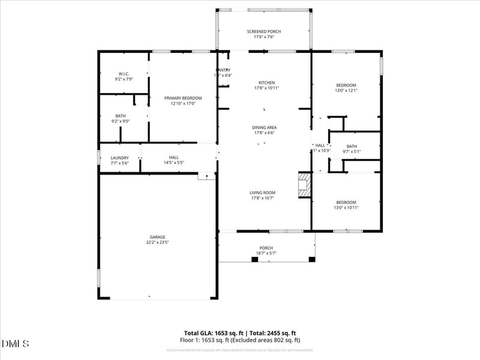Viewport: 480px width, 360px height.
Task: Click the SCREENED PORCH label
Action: click(x=264, y=32)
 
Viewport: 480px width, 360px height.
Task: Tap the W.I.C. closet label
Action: click(x=124, y=74)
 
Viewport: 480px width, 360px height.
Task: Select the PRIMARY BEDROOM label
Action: click(x=183, y=98)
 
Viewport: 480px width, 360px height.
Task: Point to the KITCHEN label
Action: click(x=266, y=83)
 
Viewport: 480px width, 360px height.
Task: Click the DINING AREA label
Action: click(x=264, y=127)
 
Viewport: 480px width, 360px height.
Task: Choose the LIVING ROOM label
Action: click(x=262, y=193)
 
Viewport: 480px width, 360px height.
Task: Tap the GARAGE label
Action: click(x=157, y=237)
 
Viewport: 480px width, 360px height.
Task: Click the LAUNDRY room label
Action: click(x=119, y=158)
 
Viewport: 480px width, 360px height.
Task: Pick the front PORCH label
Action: click(x=266, y=248)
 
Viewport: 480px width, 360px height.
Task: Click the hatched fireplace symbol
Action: click(x=305, y=185)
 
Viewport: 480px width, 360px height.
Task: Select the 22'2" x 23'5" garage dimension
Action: click(x=157, y=243)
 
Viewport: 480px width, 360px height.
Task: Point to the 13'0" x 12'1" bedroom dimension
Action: click(x=346, y=91)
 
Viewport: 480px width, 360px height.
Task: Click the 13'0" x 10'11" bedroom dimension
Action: click(x=346, y=208)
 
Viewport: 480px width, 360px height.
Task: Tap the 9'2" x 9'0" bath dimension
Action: click(x=121, y=121)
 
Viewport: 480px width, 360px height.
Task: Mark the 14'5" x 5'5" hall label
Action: click(x=173, y=163)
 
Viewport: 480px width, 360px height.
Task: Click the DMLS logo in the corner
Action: click(x=16, y=343)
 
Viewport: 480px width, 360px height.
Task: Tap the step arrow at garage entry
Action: click(x=207, y=176)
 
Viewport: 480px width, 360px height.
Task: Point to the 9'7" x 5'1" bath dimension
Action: click(x=351, y=152)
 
